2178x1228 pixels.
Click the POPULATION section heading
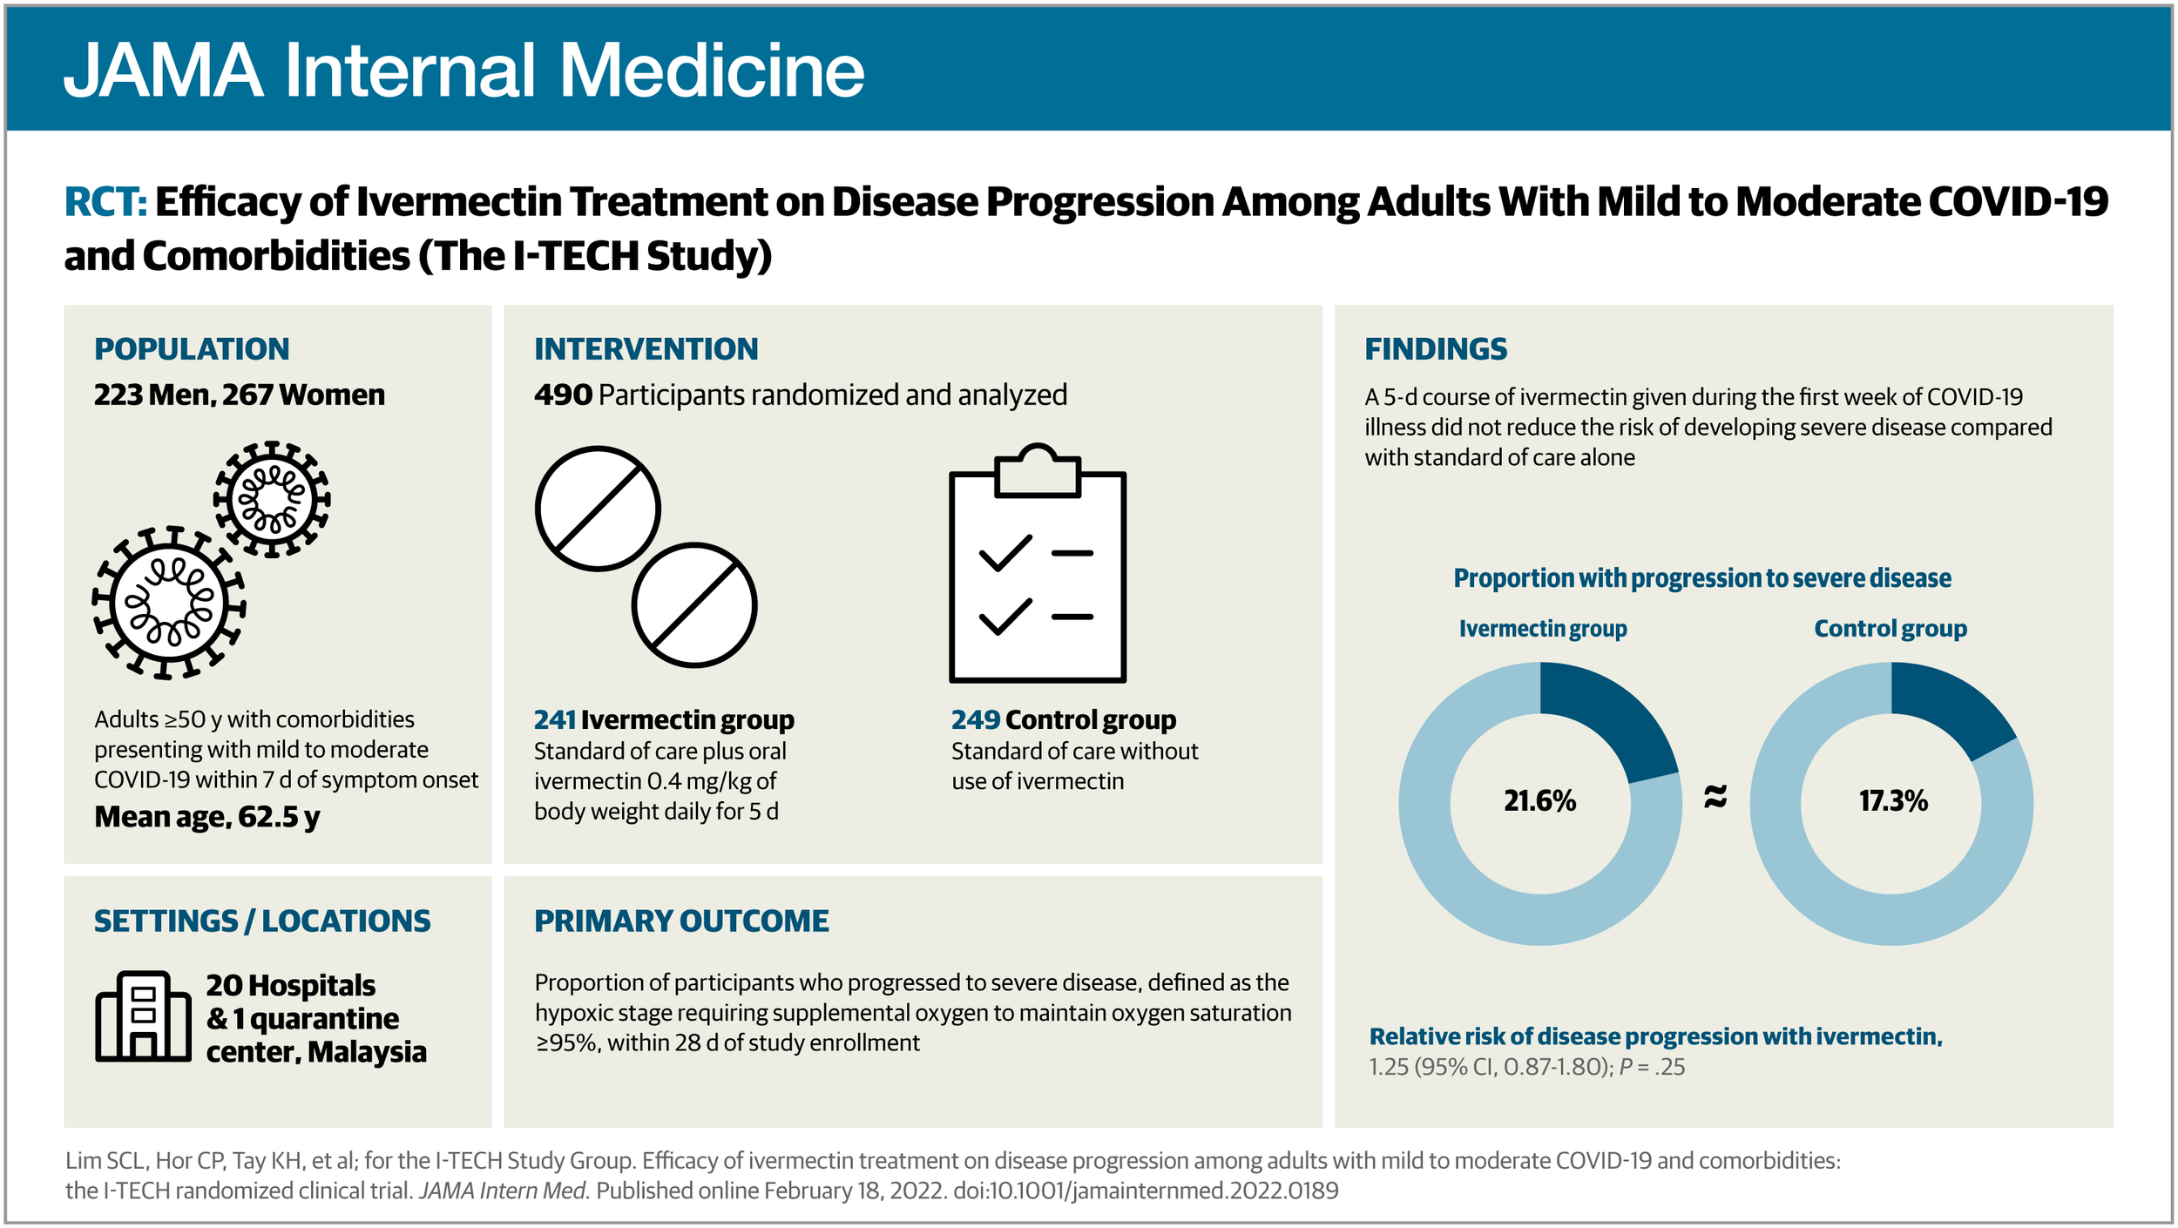point(192,349)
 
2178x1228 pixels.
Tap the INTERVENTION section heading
point(646,349)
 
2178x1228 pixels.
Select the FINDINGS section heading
point(1435,349)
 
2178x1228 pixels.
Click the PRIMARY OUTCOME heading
point(681,921)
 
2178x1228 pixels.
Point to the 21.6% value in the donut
point(1539,801)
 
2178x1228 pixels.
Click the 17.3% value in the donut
point(1892,801)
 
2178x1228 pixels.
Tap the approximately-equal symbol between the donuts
point(1715,796)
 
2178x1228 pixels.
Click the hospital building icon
point(143,1016)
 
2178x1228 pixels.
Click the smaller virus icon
point(272,499)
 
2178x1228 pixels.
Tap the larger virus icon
point(169,603)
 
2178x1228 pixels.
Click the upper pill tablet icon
point(598,509)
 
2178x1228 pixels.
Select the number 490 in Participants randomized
point(563,395)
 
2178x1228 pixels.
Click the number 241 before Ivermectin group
point(554,720)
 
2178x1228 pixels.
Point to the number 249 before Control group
point(975,720)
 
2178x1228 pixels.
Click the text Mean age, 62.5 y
point(206,817)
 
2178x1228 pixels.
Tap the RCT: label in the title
point(105,202)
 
